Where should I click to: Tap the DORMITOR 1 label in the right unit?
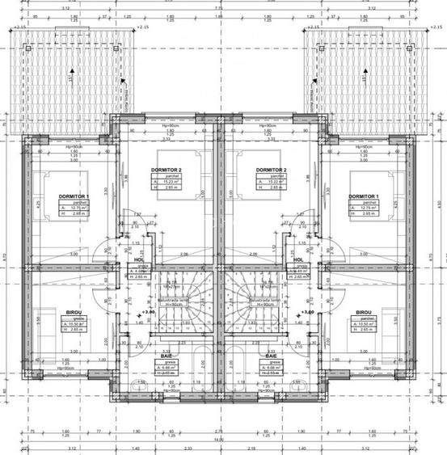(363, 196)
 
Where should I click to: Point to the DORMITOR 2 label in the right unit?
(269, 170)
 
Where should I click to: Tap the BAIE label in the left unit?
(165, 356)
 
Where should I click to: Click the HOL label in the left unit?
(139, 260)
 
